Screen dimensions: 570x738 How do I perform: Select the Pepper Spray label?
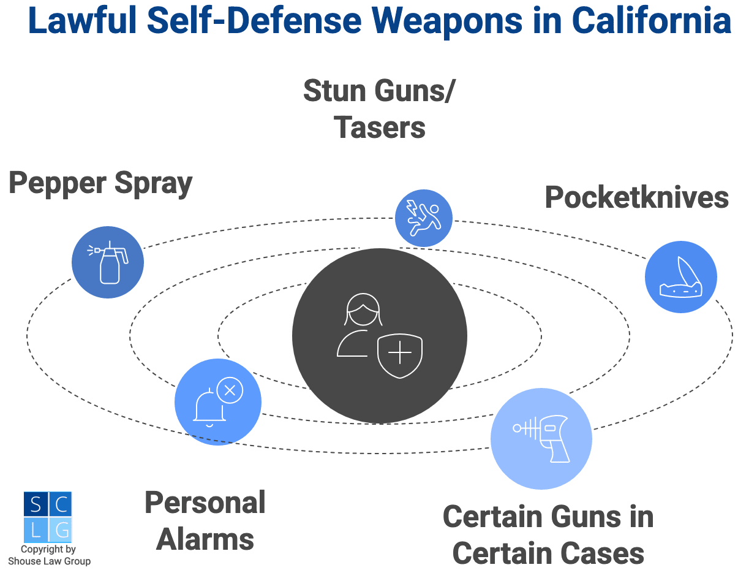(100, 183)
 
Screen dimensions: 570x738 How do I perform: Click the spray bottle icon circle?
(108, 262)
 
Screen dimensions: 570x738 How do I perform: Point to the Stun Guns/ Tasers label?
(380, 110)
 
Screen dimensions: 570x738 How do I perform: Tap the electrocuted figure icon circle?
(423, 218)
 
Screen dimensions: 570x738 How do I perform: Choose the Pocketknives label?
(636, 197)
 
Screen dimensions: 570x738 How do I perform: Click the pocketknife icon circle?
(680, 276)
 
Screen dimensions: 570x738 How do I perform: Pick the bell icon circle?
(217, 402)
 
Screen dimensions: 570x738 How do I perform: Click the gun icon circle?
(541, 438)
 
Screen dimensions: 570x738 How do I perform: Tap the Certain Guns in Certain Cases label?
(548, 535)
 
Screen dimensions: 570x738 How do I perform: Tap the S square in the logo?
(36, 504)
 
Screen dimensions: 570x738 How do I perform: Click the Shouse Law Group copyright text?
(49, 555)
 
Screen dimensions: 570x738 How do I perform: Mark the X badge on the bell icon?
(230, 389)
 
